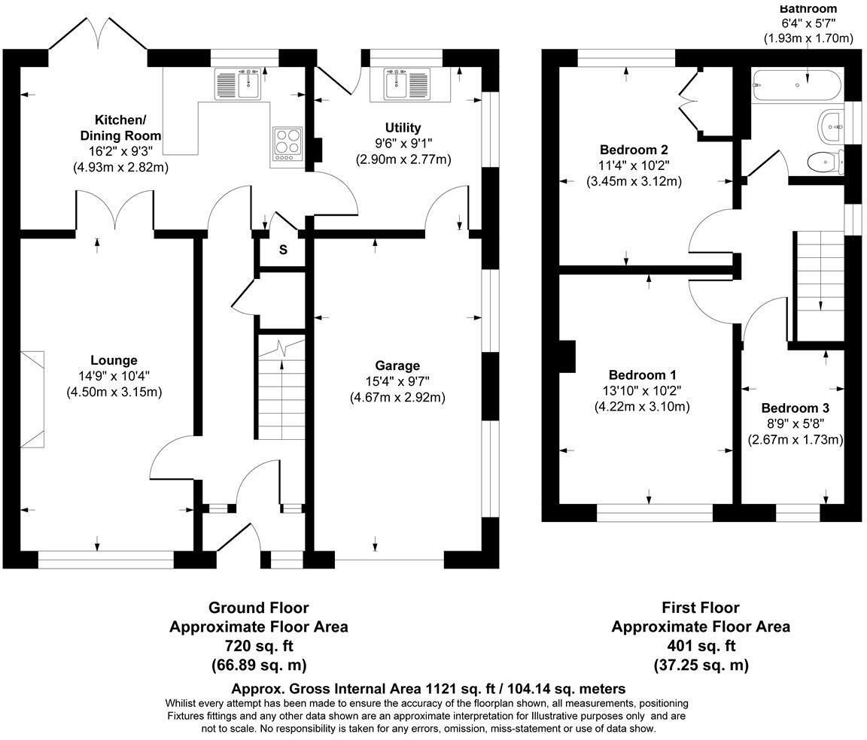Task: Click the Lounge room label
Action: point(114,360)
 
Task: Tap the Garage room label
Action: point(397,365)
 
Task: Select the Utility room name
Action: point(403,127)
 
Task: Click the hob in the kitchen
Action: point(287,142)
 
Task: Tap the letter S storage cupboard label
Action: point(283,250)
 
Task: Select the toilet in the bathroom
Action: point(823,160)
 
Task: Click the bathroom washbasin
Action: point(832,126)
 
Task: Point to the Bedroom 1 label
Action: point(642,375)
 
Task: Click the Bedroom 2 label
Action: point(634,149)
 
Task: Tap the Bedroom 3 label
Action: point(795,408)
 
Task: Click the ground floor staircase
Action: point(282,391)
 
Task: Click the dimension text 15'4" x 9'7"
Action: point(397,381)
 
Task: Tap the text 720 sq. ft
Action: point(258,646)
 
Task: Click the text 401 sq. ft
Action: point(700,646)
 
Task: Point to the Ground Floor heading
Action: point(258,607)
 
